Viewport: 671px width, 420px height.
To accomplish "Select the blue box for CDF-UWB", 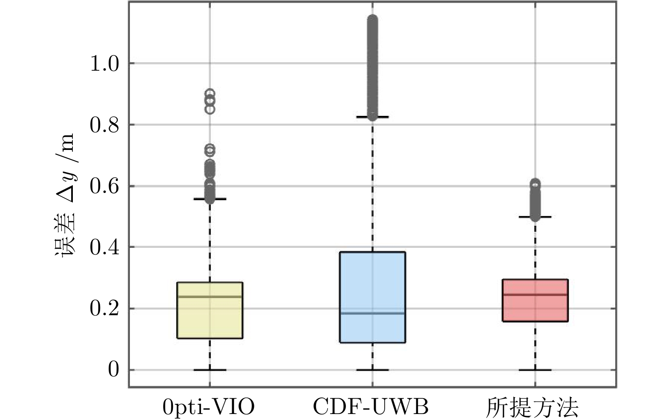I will point(372,281).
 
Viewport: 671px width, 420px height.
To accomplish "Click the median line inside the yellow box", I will point(210,296).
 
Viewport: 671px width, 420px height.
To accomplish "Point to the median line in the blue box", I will point(372,313).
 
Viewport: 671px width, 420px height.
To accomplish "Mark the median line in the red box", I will point(535,294).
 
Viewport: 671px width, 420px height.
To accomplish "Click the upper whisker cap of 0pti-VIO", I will point(210,199).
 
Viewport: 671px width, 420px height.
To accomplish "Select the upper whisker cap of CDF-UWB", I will point(372,116).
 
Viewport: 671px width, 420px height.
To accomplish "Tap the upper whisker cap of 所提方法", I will point(535,217).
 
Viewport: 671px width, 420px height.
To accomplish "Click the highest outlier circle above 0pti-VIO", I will point(210,93).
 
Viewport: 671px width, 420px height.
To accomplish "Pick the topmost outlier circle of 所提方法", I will point(535,184).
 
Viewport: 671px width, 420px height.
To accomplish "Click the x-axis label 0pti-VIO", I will point(209,407).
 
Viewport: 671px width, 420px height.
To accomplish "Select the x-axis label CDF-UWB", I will point(371,407).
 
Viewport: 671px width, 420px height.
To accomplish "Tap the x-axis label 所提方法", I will point(533,407).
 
